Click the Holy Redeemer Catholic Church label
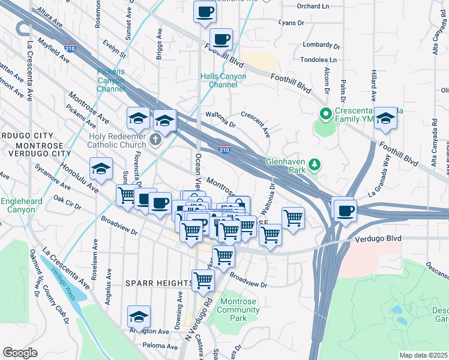click(x=116, y=140)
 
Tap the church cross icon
click(x=155, y=140)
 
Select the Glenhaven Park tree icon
click(x=313, y=164)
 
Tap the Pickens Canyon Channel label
click(x=111, y=80)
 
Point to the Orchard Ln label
click(x=313, y=7)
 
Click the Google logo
click(x=20, y=353)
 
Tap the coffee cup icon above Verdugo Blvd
click(x=346, y=211)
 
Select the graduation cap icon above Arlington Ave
click(x=139, y=316)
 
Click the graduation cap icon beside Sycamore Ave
click(x=101, y=169)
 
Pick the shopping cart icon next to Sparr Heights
click(x=203, y=279)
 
